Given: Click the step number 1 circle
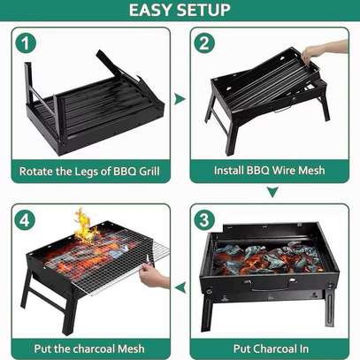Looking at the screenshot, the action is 26,42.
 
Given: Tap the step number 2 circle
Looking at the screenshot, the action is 204,42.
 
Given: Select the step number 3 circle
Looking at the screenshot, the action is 204,220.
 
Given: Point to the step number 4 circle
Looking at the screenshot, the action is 25,220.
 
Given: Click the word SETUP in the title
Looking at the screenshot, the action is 204,10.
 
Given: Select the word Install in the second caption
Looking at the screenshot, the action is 228,170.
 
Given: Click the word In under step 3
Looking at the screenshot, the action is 303,349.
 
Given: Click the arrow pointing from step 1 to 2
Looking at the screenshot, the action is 180,99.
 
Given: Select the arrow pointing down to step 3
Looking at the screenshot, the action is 272,192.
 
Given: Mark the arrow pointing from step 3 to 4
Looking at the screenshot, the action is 180,287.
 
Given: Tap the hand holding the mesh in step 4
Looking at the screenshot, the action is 153,276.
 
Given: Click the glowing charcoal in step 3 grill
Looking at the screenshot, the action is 268,257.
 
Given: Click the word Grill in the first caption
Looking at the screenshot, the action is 149,171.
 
